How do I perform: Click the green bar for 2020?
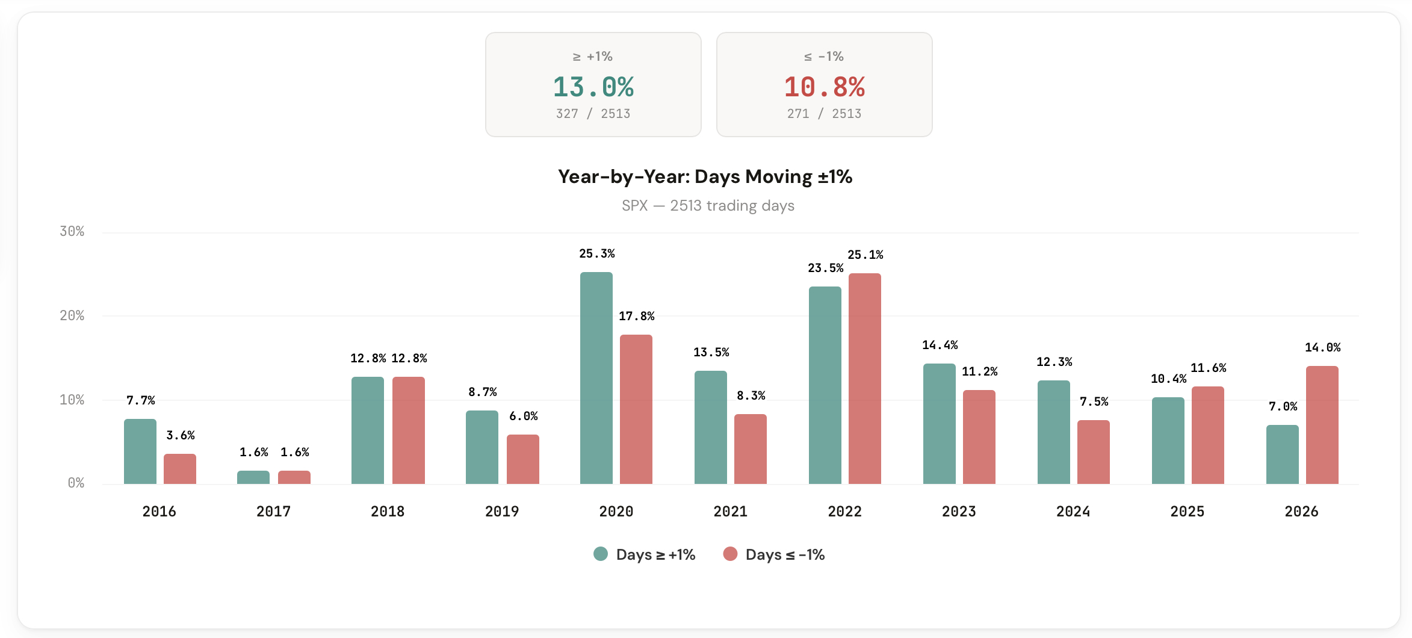(x=596, y=378)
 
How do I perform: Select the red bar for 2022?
(x=864, y=379)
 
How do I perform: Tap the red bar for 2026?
(x=1322, y=425)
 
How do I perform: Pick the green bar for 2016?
(x=140, y=451)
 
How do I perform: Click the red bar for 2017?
(x=294, y=477)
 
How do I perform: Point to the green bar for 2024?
(x=1053, y=432)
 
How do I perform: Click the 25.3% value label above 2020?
(x=596, y=254)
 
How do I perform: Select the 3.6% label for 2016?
(x=180, y=435)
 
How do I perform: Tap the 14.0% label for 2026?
(x=1322, y=347)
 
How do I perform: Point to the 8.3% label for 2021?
(x=751, y=395)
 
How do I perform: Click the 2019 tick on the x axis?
(x=501, y=512)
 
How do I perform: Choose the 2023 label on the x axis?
(x=958, y=512)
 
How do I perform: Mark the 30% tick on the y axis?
(x=72, y=232)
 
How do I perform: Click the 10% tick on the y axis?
(x=72, y=400)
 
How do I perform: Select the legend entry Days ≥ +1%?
(x=644, y=554)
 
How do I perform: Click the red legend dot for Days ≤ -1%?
(x=730, y=554)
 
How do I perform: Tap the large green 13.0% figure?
(x=593, y=87)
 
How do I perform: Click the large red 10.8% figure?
(x=824, y=87)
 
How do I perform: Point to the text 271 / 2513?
(x=824, y=114)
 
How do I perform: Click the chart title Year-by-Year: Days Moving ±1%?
(x=705, y=177)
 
